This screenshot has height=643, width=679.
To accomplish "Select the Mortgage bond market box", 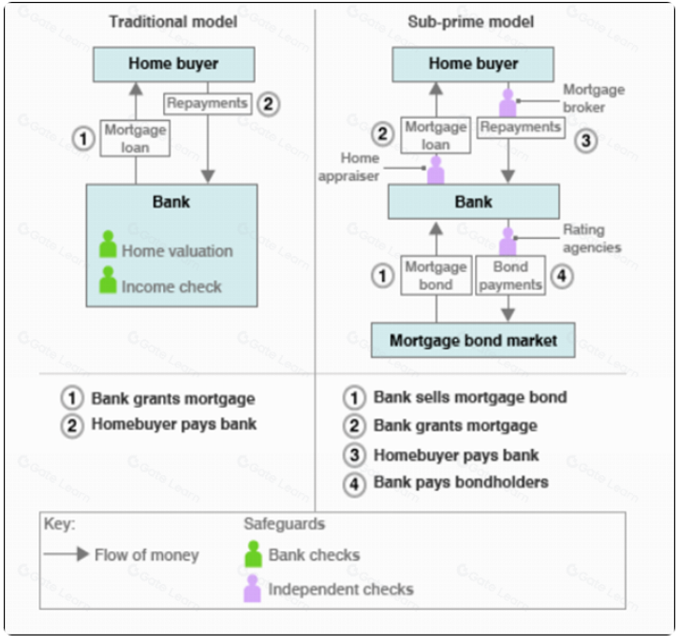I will coord(473,340).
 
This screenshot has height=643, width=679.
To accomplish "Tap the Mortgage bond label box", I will coord(435,276).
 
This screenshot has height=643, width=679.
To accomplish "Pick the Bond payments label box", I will coord(511,276).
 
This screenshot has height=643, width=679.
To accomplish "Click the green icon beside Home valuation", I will coord(109,246).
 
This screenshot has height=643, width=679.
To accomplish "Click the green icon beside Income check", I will coord(109,281).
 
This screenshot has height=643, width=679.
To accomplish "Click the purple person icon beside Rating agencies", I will coord(508,242).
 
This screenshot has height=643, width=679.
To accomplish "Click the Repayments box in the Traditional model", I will coord(208,103).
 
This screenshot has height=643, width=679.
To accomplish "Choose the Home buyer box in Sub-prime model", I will coord(473,64).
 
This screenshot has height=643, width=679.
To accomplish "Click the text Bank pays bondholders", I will coord(461,482).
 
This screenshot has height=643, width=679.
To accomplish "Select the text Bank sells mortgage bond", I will coord(470,396).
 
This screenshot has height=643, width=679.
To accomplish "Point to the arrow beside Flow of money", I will coord(66,555).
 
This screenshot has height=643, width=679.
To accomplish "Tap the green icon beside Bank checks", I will coord(253,555).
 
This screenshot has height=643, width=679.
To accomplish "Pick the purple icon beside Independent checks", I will coord(253,589).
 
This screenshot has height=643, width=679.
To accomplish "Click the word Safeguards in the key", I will coord(285,524).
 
